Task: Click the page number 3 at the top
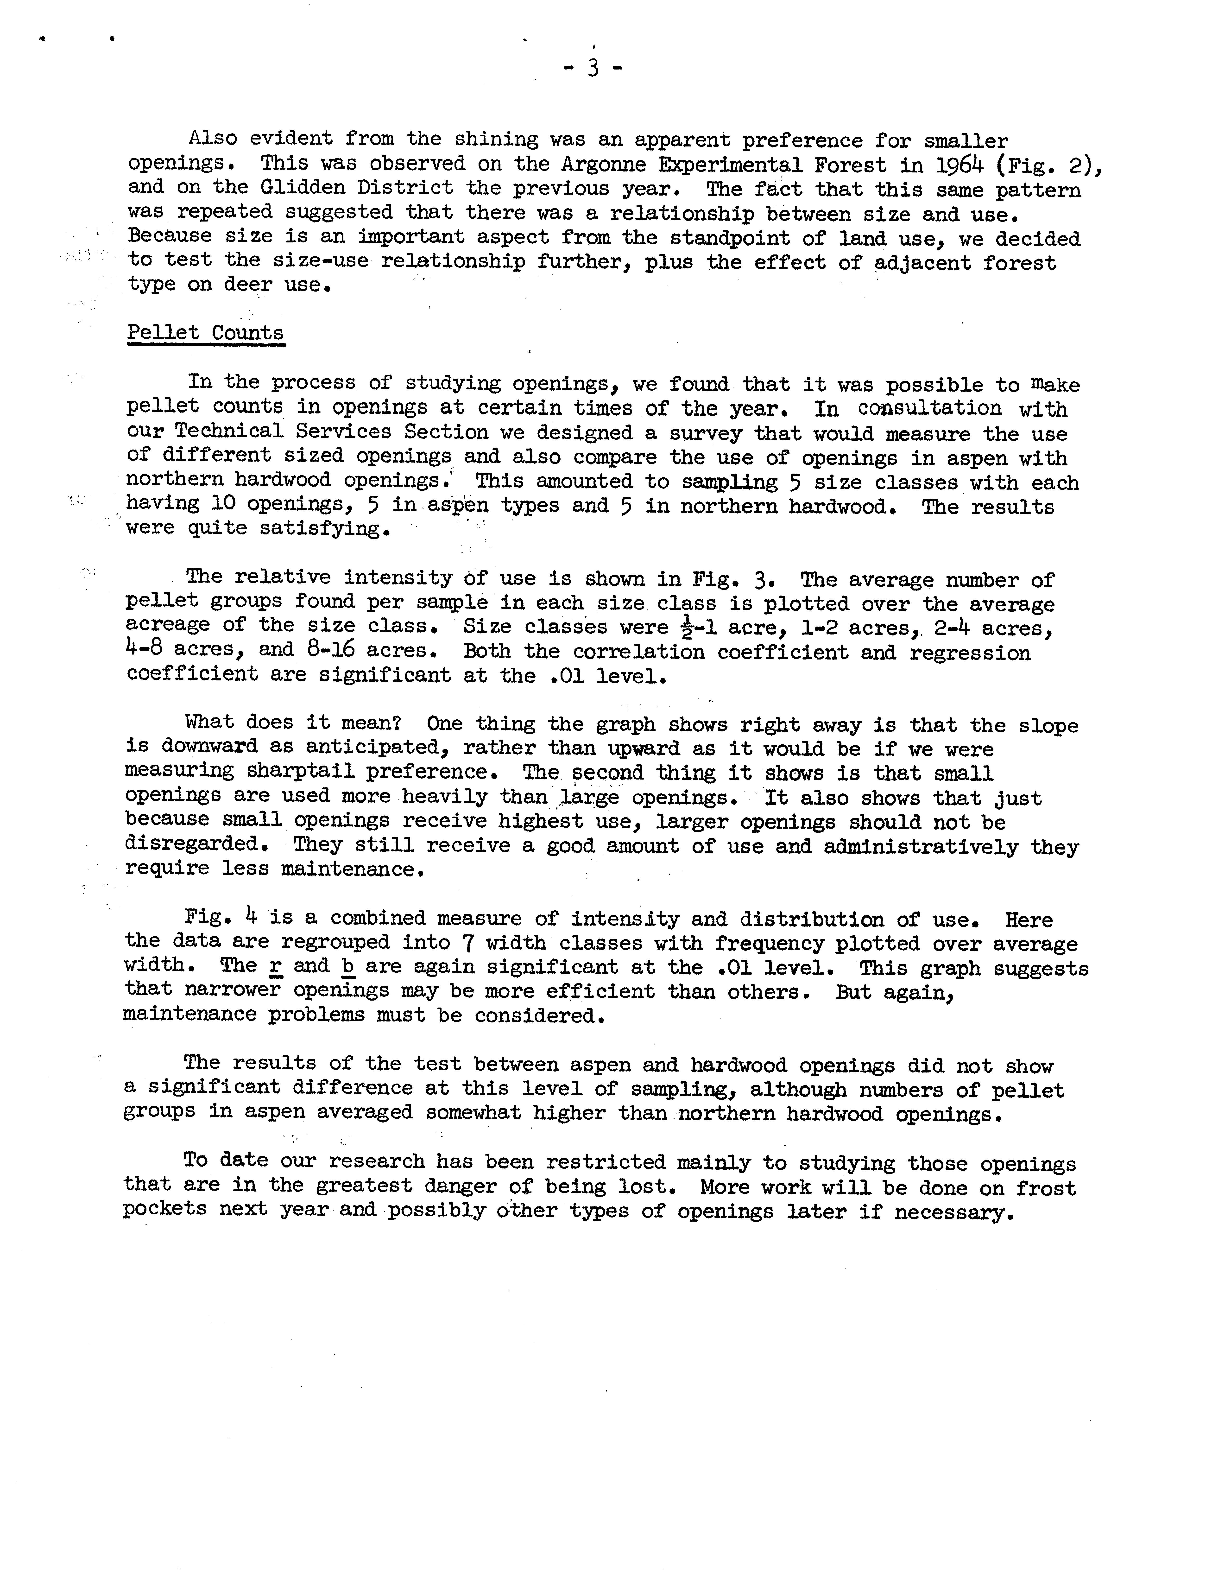coord(592,68)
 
